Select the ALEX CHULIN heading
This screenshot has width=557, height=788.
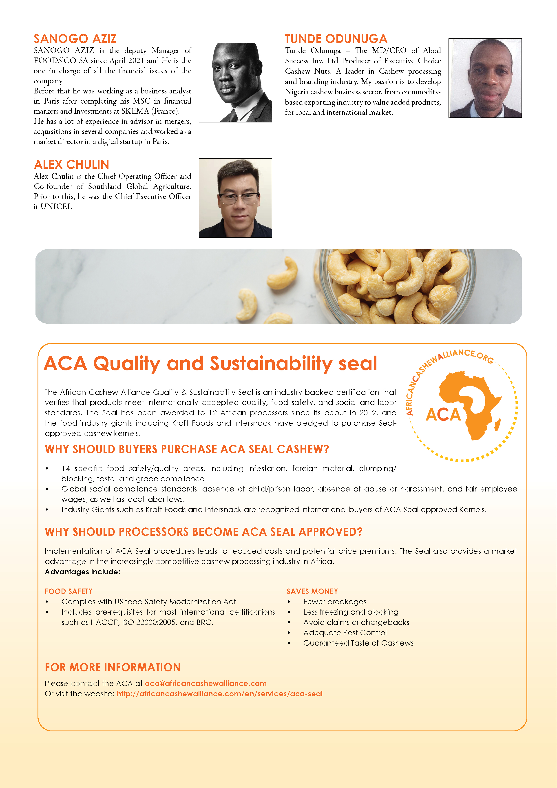point(71,165)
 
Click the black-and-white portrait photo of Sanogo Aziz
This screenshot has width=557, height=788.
point(235,82)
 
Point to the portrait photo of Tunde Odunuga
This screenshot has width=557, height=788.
point(485,78)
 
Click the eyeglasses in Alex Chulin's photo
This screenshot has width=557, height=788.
point(239,198)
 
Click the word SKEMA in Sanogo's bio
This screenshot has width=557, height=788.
point(135,111)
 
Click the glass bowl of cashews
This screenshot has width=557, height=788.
point(395,287)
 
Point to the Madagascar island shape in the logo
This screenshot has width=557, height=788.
point(497,425)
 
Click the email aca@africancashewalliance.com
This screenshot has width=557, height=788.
point(206,683)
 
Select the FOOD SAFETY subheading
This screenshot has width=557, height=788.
point(69,591)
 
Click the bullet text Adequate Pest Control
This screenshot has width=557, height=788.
point(345,633)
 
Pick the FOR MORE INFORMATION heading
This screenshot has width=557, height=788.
point(113,667)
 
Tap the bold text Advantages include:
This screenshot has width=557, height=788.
point(82,572)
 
